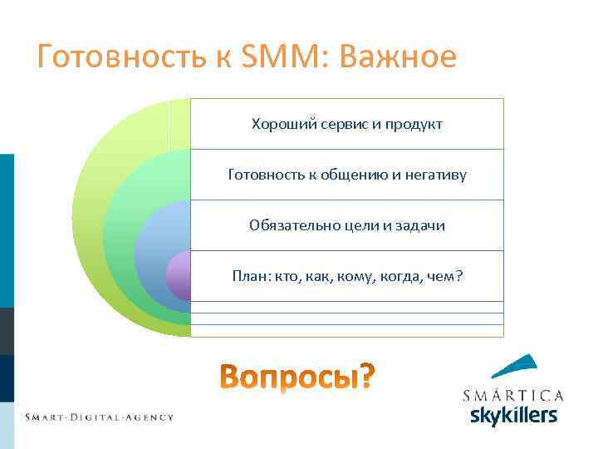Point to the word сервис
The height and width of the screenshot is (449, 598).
pyautogui.click(x=341, y=124)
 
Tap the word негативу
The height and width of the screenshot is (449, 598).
pyautogui.click(x=434, y=175)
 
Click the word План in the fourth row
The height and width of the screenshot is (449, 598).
pyautogui.click(x=249, y=276)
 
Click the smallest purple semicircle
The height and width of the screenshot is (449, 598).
pyautogui.click(x=179, y=276)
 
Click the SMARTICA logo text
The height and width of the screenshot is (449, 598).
pyautogui.click(x=512, y=395)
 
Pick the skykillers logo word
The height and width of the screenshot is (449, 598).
pyautogui.click(x=513, y=414)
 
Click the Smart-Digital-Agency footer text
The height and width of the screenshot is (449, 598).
pyautogui.click(x=99, y=417)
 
